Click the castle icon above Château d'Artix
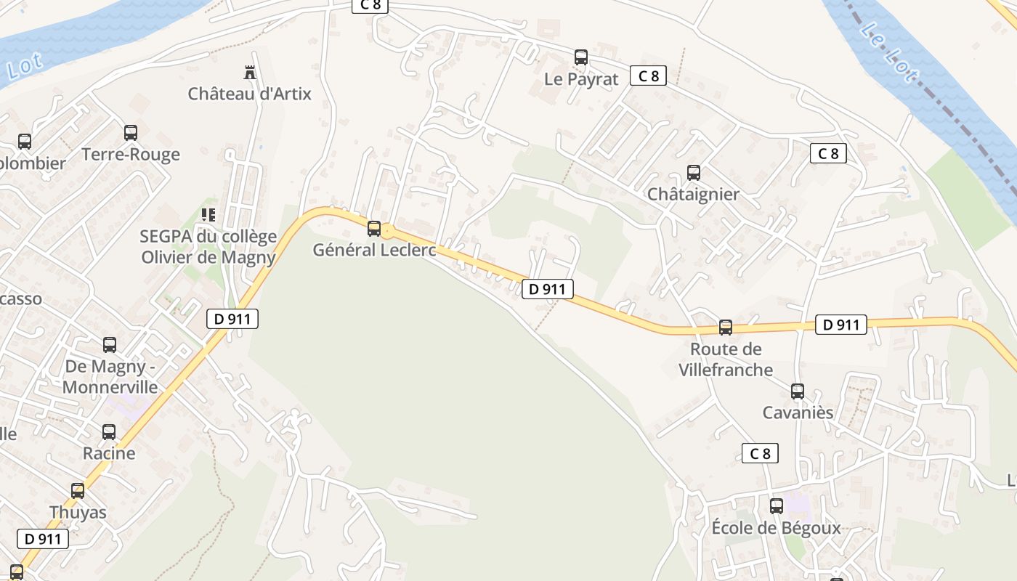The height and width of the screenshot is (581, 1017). pyautogui.click(x=250, y=72)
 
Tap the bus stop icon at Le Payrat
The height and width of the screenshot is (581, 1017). pyautogui.click(x=580, y=57)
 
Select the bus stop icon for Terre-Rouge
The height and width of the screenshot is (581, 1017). pyautogui.click(x=131, y=133)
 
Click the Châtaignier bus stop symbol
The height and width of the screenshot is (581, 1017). pyautogui.click(x=694, y=173)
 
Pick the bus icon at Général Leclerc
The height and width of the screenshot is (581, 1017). pyautogui.click(x=374, y=229)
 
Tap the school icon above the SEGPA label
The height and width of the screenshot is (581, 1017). pyautogui.click(x=208, y=215)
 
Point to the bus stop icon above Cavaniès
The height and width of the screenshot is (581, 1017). pyautogui.click(x=798, y=391)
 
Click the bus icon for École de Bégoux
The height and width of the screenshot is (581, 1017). pyautogui.click(x=777, y=506)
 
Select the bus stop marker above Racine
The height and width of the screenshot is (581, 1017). pyautogui.click(x=109, y=432)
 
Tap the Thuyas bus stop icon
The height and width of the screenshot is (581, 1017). pyautogui.click(x=78, y=491)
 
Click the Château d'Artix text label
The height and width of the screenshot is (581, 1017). pyautogui.click(x=249, y=94)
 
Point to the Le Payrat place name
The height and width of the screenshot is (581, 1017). pyautogui.click(x=581, y=79)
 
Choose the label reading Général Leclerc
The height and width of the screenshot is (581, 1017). pyautogui.click(x=375, y=250)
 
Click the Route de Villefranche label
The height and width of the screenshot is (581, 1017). pyautogui.click(x=726, y=359)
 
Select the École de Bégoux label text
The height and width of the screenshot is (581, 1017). pyautogui.click(x=776, y=528)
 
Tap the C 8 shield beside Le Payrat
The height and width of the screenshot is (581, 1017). pyautogui.click(x=648, y=76)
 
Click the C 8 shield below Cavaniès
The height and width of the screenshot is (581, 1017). pyautogui.click(x=760, y=454)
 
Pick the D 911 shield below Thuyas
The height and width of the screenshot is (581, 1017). pyautogui.click(x=43, y=539)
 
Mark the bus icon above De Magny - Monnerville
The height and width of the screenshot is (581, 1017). pyautogui.click(x=110, y=345)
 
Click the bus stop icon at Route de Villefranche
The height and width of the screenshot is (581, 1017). pyautogui.click(x=726, y=328)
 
